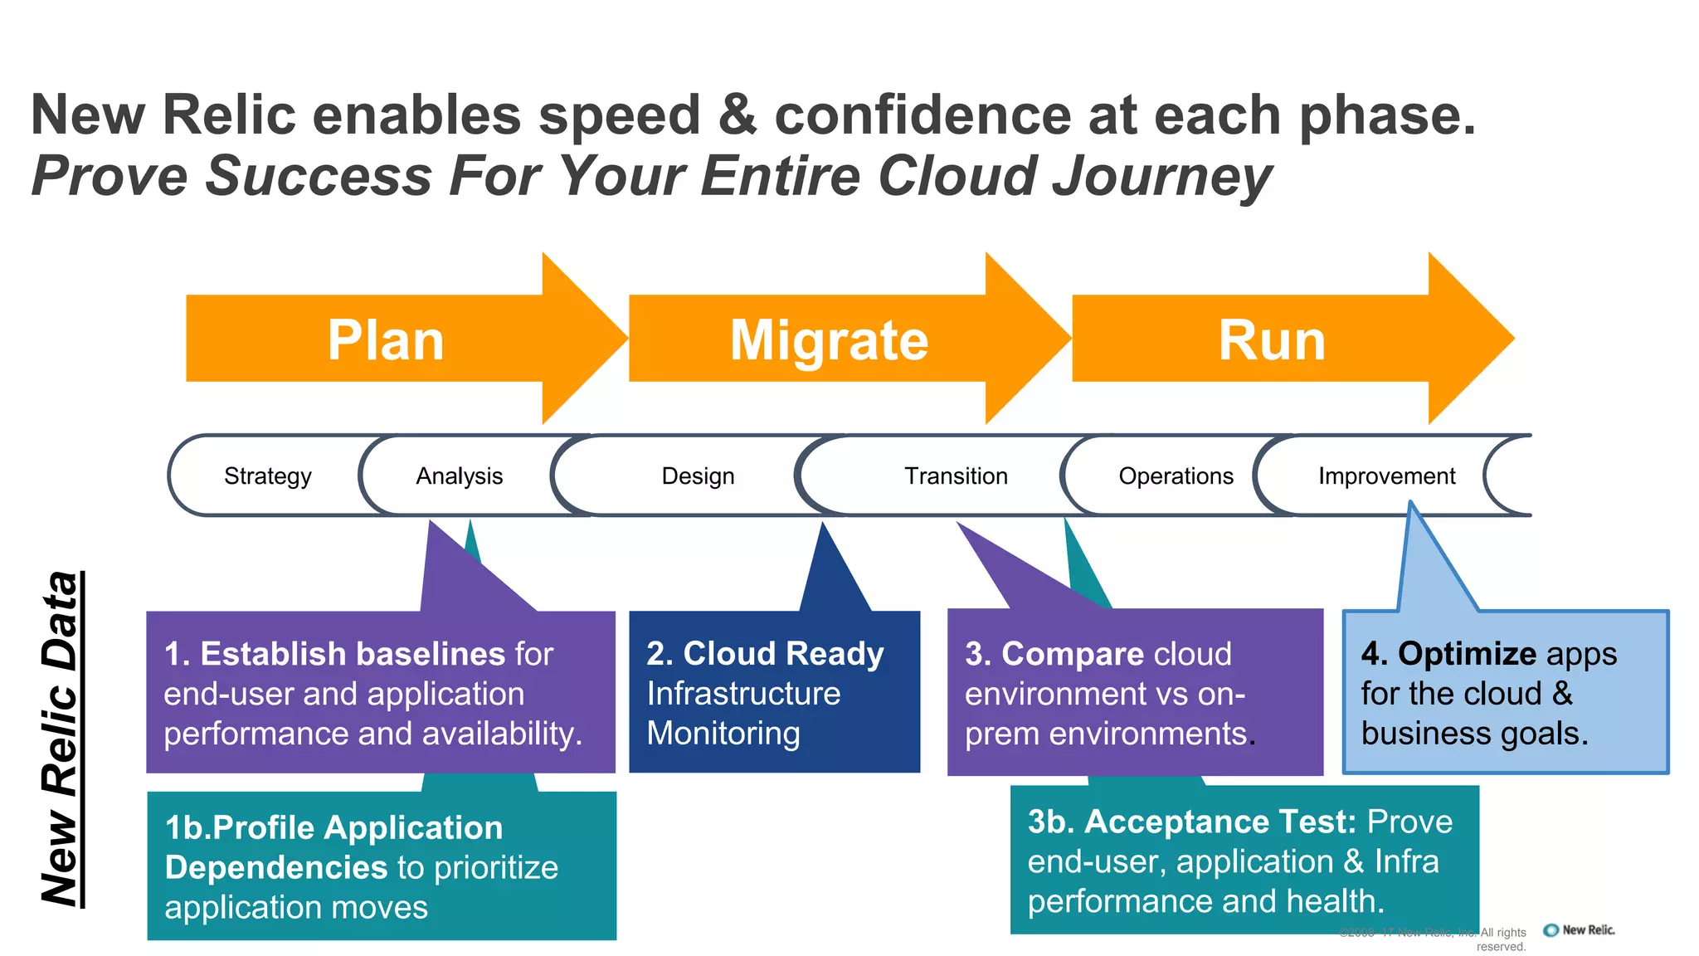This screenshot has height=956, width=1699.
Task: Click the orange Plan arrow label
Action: (386, 340)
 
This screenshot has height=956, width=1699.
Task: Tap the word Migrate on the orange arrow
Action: (829, 340)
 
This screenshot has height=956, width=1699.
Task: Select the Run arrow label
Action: (1272, 340)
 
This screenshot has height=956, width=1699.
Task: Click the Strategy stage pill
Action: (267, 476)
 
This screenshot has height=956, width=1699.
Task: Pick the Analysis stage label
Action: (459, 476)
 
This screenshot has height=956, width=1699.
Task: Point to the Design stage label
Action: (698, 476)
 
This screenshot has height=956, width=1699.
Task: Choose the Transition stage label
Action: (956, 476)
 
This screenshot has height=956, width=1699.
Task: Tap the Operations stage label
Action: (1176, 476)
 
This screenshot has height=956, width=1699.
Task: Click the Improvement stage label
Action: (1386, 476)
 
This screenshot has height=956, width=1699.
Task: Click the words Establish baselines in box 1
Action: (353, 654)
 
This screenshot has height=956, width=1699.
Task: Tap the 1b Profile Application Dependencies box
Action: (382, 866)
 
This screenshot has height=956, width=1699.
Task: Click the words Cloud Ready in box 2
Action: (783, 654)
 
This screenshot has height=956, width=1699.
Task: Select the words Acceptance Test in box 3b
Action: (1219, 822)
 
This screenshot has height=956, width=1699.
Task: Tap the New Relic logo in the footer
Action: (1580, 930)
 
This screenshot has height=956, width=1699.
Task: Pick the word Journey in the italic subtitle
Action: (1161, 176)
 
